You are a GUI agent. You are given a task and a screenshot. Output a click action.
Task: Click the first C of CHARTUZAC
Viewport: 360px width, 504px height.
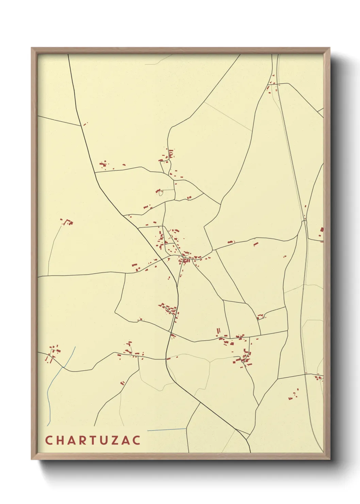pyautogui.click(x=48, y=440)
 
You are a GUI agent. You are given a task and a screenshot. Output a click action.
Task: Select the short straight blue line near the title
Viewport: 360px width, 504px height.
pyautogui.click(x=167, y=430)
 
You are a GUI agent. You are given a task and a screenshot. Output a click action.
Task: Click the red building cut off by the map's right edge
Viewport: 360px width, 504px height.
pyautogui.click(x=322, y=230)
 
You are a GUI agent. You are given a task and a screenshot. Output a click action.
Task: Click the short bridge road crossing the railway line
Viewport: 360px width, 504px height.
pyautogui.click(x=305, y=222)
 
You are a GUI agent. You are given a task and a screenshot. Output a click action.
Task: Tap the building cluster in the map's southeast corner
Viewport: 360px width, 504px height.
pyautogui.click(x=293, y=394)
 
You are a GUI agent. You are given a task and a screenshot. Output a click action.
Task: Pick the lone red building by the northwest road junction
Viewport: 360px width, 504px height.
pyautogui.click(x=85, y=124)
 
